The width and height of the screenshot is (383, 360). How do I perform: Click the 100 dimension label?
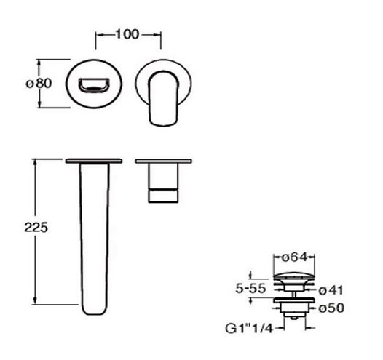pos(127,34)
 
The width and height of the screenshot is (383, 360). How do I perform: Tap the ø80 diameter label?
pos(39,84)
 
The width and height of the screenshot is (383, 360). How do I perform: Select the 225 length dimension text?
pos(36,228)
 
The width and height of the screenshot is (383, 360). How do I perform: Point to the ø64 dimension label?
pos(294,257)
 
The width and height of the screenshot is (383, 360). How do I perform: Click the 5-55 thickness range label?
pos(250,288)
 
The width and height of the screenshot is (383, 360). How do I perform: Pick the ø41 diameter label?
pos(331,290)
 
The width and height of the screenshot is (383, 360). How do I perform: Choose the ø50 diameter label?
pos(331,308)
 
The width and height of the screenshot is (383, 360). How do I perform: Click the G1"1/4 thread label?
pos(248,328)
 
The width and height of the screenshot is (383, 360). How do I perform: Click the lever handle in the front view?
pos(164,98)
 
